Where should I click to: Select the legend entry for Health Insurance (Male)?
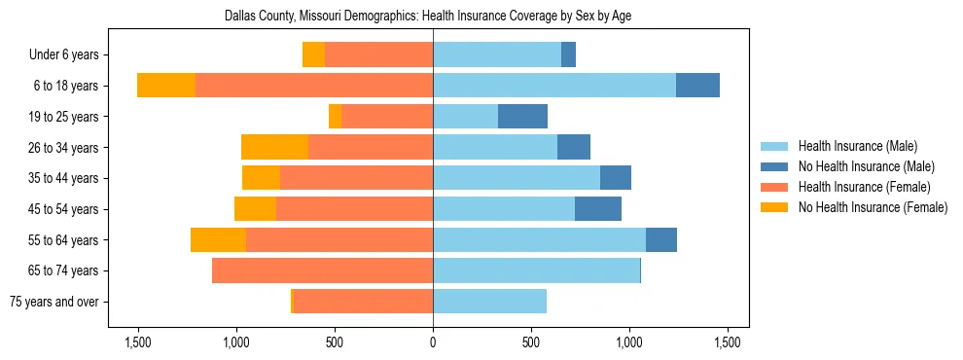(x=856, y=146)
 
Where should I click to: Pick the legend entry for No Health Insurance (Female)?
(x=873, y=207)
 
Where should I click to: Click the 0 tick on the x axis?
(x=433, y=342)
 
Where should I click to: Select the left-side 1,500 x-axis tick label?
(x=137, y=342)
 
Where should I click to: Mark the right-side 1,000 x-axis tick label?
(x=629, y=342)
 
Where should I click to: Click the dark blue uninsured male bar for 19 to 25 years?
(x=522, y=117)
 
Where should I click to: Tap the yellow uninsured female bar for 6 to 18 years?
(x=166, y=86)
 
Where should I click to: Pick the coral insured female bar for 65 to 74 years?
(x=322, y=270)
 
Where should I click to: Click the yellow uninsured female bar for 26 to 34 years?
(x=274, y=147)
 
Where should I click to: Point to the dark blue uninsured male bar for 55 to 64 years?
(x=661, y=239)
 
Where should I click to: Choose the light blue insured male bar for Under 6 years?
(x=497, y=55)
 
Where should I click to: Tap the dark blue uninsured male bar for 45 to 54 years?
(x=598, y=209)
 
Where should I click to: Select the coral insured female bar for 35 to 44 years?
(x=356, y=178)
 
